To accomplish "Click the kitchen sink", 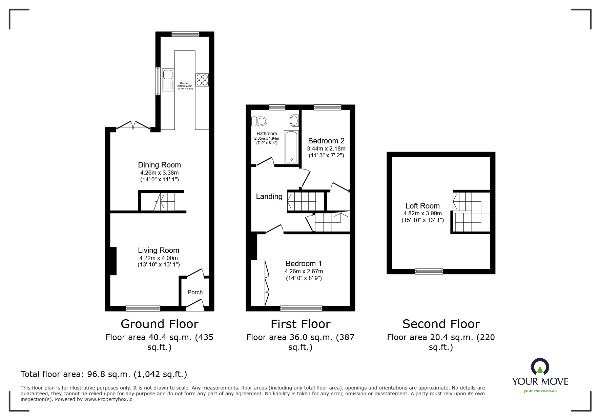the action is coord(168,80).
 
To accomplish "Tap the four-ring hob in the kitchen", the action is coord(202,80).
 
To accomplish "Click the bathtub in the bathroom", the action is coord(291,147).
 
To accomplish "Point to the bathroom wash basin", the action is coord(294,120).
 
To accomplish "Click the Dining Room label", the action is coord(159,165).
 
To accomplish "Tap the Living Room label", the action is coord(159,251).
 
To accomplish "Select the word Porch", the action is coord(195,292).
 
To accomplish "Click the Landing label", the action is coord(269,197).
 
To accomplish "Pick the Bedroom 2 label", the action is coord(326,141).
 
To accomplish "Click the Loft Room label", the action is coord(422,206).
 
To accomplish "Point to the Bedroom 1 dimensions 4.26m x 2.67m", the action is coord(304,271).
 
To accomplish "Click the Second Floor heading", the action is coord(441,324).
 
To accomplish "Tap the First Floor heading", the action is coord(301,324).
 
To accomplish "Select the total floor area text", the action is coord(104,374).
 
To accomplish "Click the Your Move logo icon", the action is coord(540,367).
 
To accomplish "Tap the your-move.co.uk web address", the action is coord(540,391).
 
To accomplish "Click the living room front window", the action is coord(143,308).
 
